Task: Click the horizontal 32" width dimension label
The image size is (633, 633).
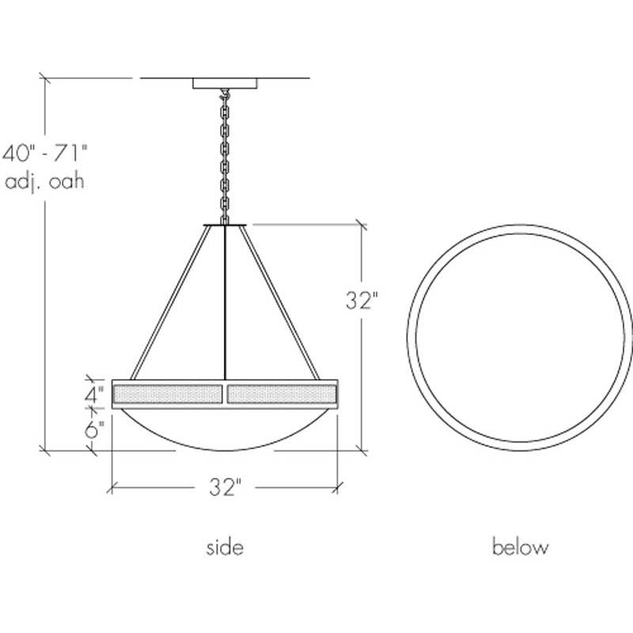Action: click(x=225, y=487)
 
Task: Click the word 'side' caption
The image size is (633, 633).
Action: click(x=225, y=547)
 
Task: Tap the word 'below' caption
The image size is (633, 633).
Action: click(x=520, y=547)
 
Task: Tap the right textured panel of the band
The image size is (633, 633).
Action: click(x=283, y=393)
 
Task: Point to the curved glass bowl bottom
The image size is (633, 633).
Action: click(x=226, y=431)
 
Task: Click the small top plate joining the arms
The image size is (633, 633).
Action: click(x=226, y=225)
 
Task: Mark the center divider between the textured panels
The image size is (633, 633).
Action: click(x=226, y=393)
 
